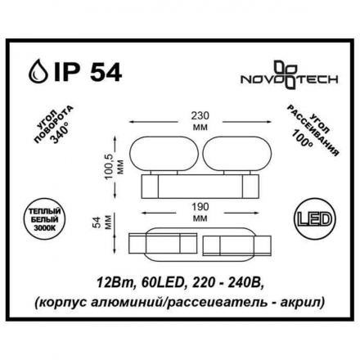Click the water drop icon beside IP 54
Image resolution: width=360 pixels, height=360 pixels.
(x=38, y=72)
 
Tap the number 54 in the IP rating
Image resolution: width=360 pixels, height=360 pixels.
(x=106, y=72)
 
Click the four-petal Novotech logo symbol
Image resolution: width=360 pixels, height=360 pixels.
(x=284, y=74)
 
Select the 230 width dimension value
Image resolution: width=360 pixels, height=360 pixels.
(x=200, y=115)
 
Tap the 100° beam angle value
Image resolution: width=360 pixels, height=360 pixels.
(x=304, y=136)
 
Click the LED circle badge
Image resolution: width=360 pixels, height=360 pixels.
(x=316, y=219)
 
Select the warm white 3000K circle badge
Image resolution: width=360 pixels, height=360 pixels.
(x=44, y=219)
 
